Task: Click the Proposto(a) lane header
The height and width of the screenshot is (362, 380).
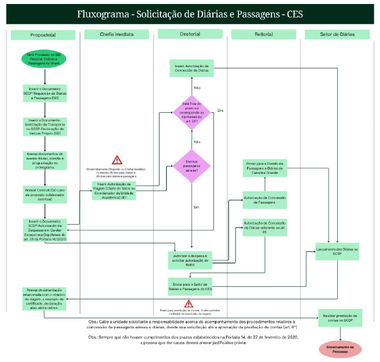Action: click(x=43, y=35)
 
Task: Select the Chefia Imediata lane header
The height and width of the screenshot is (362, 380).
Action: click(x=117, y=35)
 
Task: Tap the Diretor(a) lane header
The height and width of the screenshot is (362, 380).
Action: click(x=191, y=35)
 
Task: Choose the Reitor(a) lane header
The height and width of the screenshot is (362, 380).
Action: click(x=264, y=35)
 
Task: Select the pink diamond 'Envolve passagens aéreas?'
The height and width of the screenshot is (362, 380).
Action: click(x=192, y=166)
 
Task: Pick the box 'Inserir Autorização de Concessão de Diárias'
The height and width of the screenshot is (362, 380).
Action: click(x=192, y=69)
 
